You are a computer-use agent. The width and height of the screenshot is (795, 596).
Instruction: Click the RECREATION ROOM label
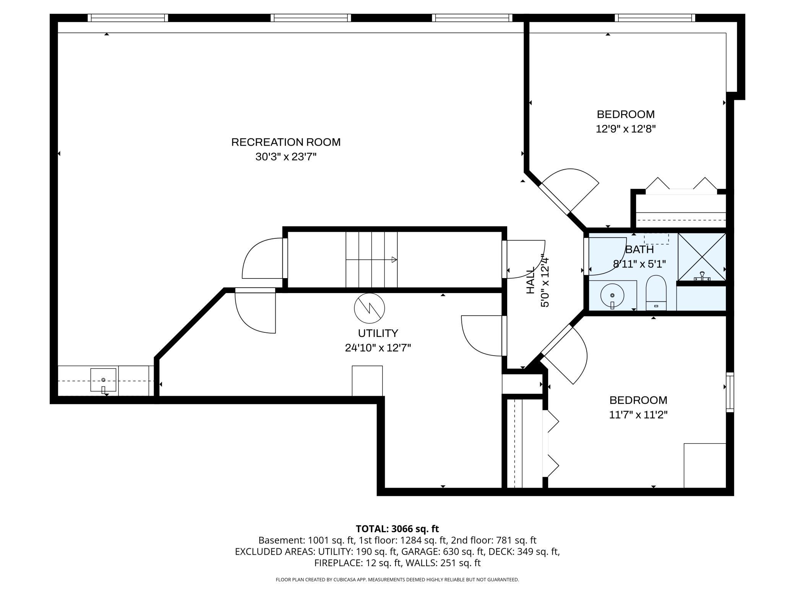[x=286, y=142]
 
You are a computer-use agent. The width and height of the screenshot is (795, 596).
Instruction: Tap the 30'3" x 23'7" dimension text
[x=286, y=157]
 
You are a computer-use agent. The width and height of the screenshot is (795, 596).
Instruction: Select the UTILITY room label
[x=378, y=333]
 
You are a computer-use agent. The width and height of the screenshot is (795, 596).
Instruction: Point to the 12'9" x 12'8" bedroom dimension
[x=625, y=129]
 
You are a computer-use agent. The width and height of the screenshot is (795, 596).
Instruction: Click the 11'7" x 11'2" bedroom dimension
[x=638, y=415]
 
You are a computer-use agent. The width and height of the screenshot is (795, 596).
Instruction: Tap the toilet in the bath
[x=656, y=293]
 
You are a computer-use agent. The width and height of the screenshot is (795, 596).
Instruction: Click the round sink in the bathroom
[x=612, y=295]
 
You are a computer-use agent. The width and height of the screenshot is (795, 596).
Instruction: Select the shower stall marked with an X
[x=702, y=257]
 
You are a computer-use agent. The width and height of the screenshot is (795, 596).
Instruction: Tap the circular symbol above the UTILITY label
[x=369, y=308]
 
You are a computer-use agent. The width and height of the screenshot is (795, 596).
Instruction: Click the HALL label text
[x=531, y=281]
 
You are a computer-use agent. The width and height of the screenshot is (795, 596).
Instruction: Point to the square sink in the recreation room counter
[x=103, y=380]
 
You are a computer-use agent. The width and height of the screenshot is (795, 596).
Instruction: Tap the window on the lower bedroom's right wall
[x=730, y=392]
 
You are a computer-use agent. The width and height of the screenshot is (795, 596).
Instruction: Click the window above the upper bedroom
[x=655, y=18]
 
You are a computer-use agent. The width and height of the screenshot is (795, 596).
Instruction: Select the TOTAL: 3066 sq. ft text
[x=397, y=529]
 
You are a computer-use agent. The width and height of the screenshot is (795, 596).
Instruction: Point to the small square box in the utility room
[x=367, y=381]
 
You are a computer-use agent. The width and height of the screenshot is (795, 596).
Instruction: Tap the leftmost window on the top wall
[x=128, y=18]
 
